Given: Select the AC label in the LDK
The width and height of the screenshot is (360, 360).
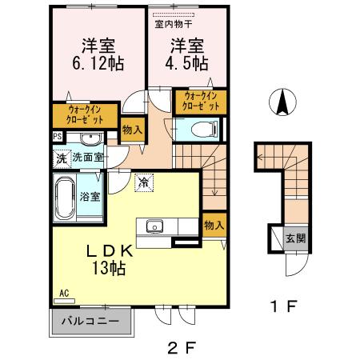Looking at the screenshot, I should click(63, 294).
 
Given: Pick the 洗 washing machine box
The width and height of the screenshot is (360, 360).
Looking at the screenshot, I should click(61, 158).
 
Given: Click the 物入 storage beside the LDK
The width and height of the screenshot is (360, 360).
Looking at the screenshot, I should click(213, 225).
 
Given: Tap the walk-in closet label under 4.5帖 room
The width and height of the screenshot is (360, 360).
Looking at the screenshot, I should click(200, 100).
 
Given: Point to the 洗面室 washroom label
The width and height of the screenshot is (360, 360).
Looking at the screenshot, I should click(88, 158).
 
